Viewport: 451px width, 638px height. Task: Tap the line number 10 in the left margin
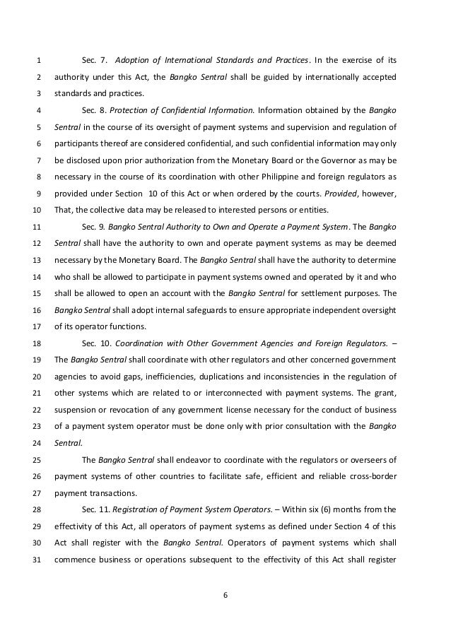click(x=38, y=210)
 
